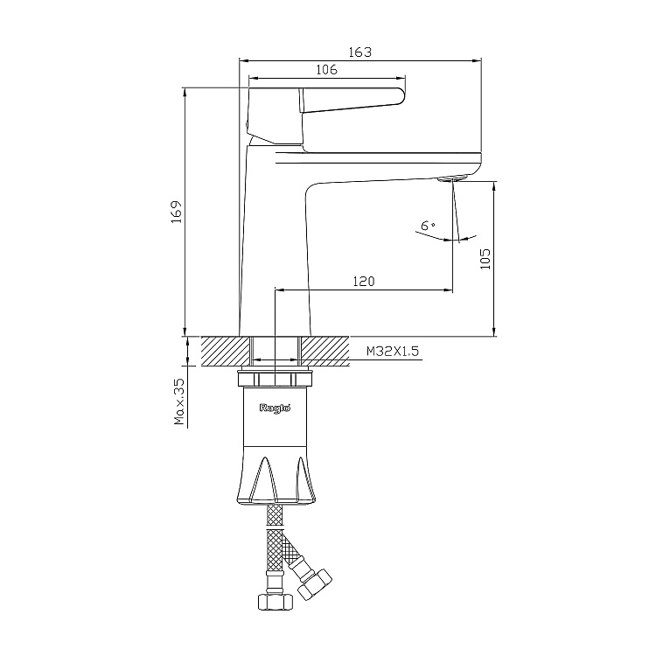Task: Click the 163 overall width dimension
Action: click(x=359, y=52)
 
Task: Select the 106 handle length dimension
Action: click(x=326, y=69)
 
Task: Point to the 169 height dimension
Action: click(x=177, y=212)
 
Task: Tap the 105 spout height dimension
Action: click(x=485, y=259)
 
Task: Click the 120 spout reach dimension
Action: click(x=364, y=281)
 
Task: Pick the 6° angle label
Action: click(x=428, y=226)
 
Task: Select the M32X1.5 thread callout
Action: click(x=393, y=351)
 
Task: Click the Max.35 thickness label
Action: click(x=179, y=401)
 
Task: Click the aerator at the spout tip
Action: click(x=451, y=179)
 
